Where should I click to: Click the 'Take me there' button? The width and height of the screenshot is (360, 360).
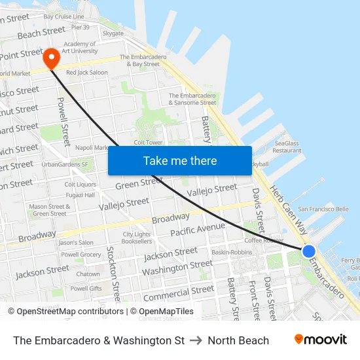[180, 160]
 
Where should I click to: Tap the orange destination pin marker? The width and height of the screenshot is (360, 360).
[51, 59]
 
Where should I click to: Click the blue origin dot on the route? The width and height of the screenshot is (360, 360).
[309, 251]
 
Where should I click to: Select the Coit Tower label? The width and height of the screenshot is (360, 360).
[147, 142]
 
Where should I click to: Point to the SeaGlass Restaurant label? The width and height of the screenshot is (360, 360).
[287, 147]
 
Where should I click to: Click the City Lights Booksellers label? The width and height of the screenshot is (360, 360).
[137, 238]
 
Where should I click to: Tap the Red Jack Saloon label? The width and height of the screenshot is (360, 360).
[87, 72]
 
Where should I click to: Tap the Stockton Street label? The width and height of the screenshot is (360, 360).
[113, 268]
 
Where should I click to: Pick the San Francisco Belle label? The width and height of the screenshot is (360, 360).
[323, 209]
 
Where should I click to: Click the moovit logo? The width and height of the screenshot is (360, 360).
[320, 340]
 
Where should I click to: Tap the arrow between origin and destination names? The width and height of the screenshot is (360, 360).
[196, 340]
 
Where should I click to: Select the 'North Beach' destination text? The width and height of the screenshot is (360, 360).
[238, 340]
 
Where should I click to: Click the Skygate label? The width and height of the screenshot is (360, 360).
[113, 33]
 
